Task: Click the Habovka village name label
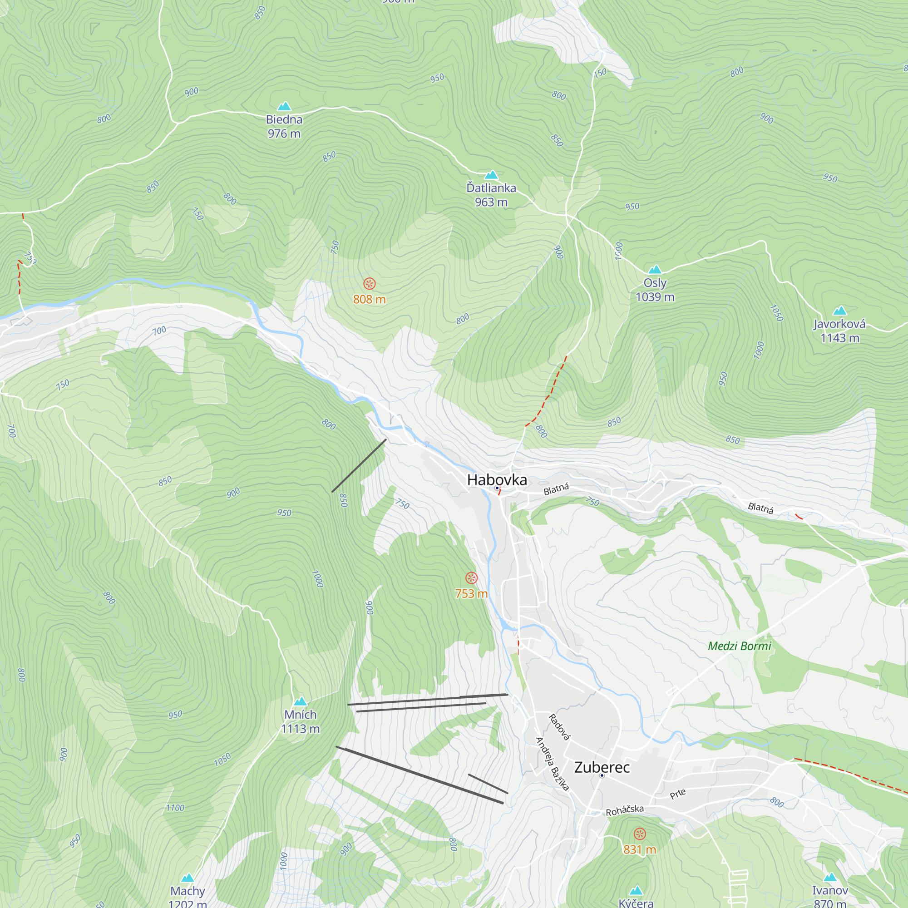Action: pyautogui.click(x=497, y=480)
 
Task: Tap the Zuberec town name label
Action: pyautogui.click(x=602, y=767)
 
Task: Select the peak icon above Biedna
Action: pyautogui.click(x=284, y=106)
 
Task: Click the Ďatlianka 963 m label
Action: pyautogui.click(x=491, y=195)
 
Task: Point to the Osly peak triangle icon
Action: pyautogui.click(x=655, y=269)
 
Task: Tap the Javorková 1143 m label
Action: pyautogui.click(x=839, y=331)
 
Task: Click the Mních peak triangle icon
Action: pyautogui.click(x=300, y=702)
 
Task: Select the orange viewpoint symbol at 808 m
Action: pyautogui.click(x=370, y=283)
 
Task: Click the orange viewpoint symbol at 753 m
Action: pyautogui.click(x=471, y=578)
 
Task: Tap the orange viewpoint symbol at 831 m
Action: pyautogui.click(x=640, y=834)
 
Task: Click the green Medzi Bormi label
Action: pyautogui.click(x=739, y=646)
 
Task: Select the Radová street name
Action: pyautogui.click(x=559, y=727)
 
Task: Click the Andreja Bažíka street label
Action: pyautogui.click(x=552, y=765)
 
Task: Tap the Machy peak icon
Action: pyautogui.click(x=188, y=878)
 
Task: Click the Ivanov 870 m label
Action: pyautogui.click(x=830, y=897)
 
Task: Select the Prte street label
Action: pyautogui.click(x=678, y=794)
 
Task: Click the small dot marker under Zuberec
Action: pyautogui.click(x=602, y=775)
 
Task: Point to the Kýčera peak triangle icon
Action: pyautogui.click(x=636, y=891)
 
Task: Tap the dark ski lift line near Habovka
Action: pyautogui.click(x=359, y=466)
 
